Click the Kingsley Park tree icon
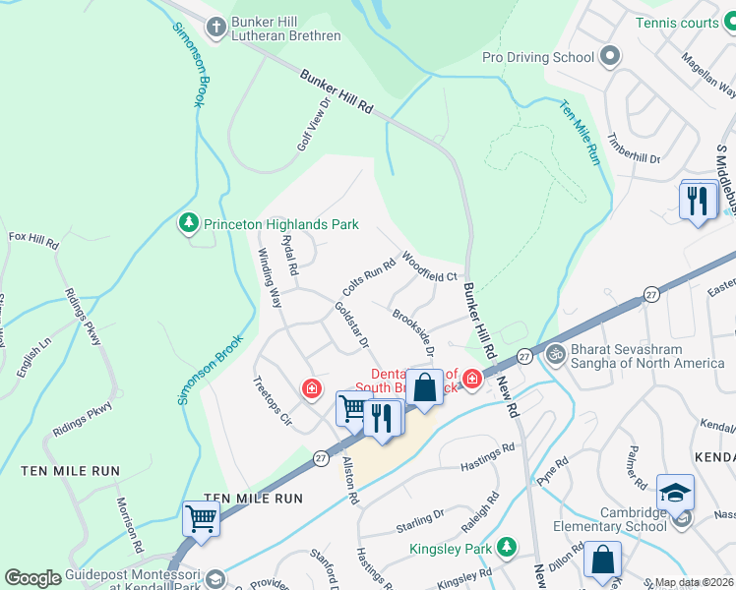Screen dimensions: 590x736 click(x=506, y=545)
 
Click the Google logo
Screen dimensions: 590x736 click(x=32, y=578)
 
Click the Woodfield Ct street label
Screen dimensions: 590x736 click(x=429, y=267)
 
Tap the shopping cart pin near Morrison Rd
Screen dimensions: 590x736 click(x=202, y=517)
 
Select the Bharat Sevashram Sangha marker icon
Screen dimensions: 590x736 click(x=555, y=351)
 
